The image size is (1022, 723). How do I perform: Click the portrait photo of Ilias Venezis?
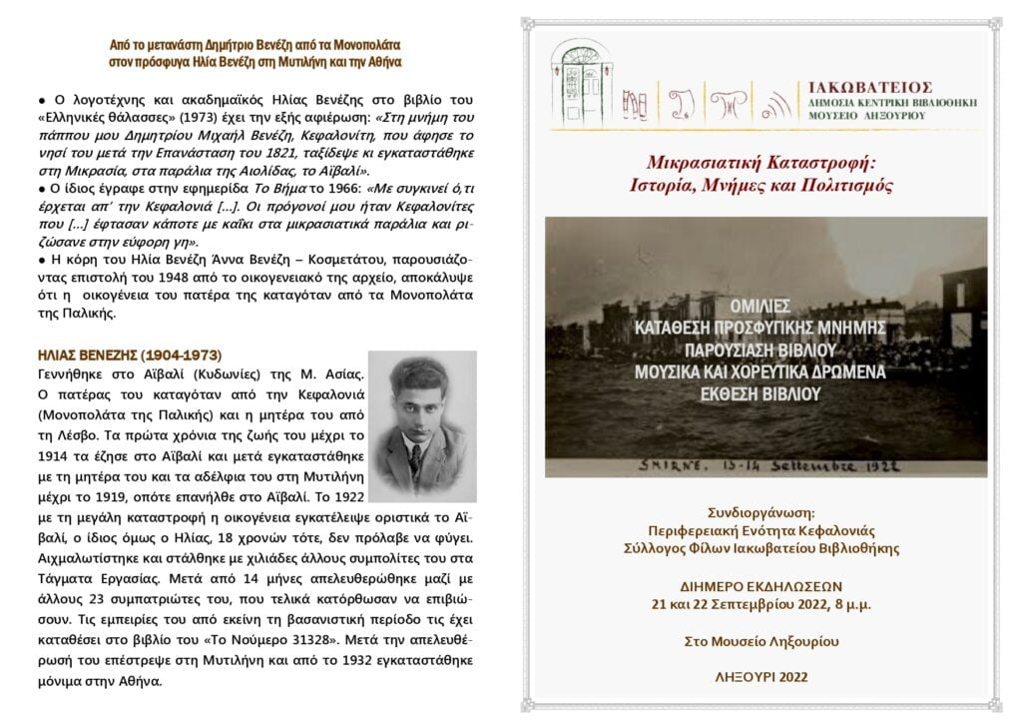click(x=422, y=426)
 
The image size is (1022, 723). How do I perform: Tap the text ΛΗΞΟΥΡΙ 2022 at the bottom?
click(x=767, y=677)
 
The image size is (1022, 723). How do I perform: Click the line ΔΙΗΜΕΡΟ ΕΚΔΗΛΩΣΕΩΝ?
click(x=766, y=586)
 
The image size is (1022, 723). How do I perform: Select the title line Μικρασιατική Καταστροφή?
click(x=766, y=162)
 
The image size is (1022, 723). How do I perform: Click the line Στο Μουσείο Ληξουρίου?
click(x=766, y=640)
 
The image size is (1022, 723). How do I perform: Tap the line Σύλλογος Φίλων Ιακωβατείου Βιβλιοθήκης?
click(x=766, y=548)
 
